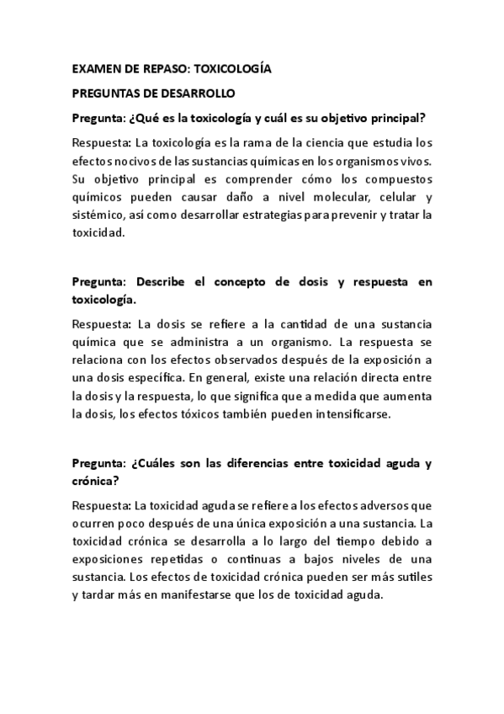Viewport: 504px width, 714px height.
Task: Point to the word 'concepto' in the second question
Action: tap(255, 282)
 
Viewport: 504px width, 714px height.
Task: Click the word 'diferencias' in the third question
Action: tap(250, 465)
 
